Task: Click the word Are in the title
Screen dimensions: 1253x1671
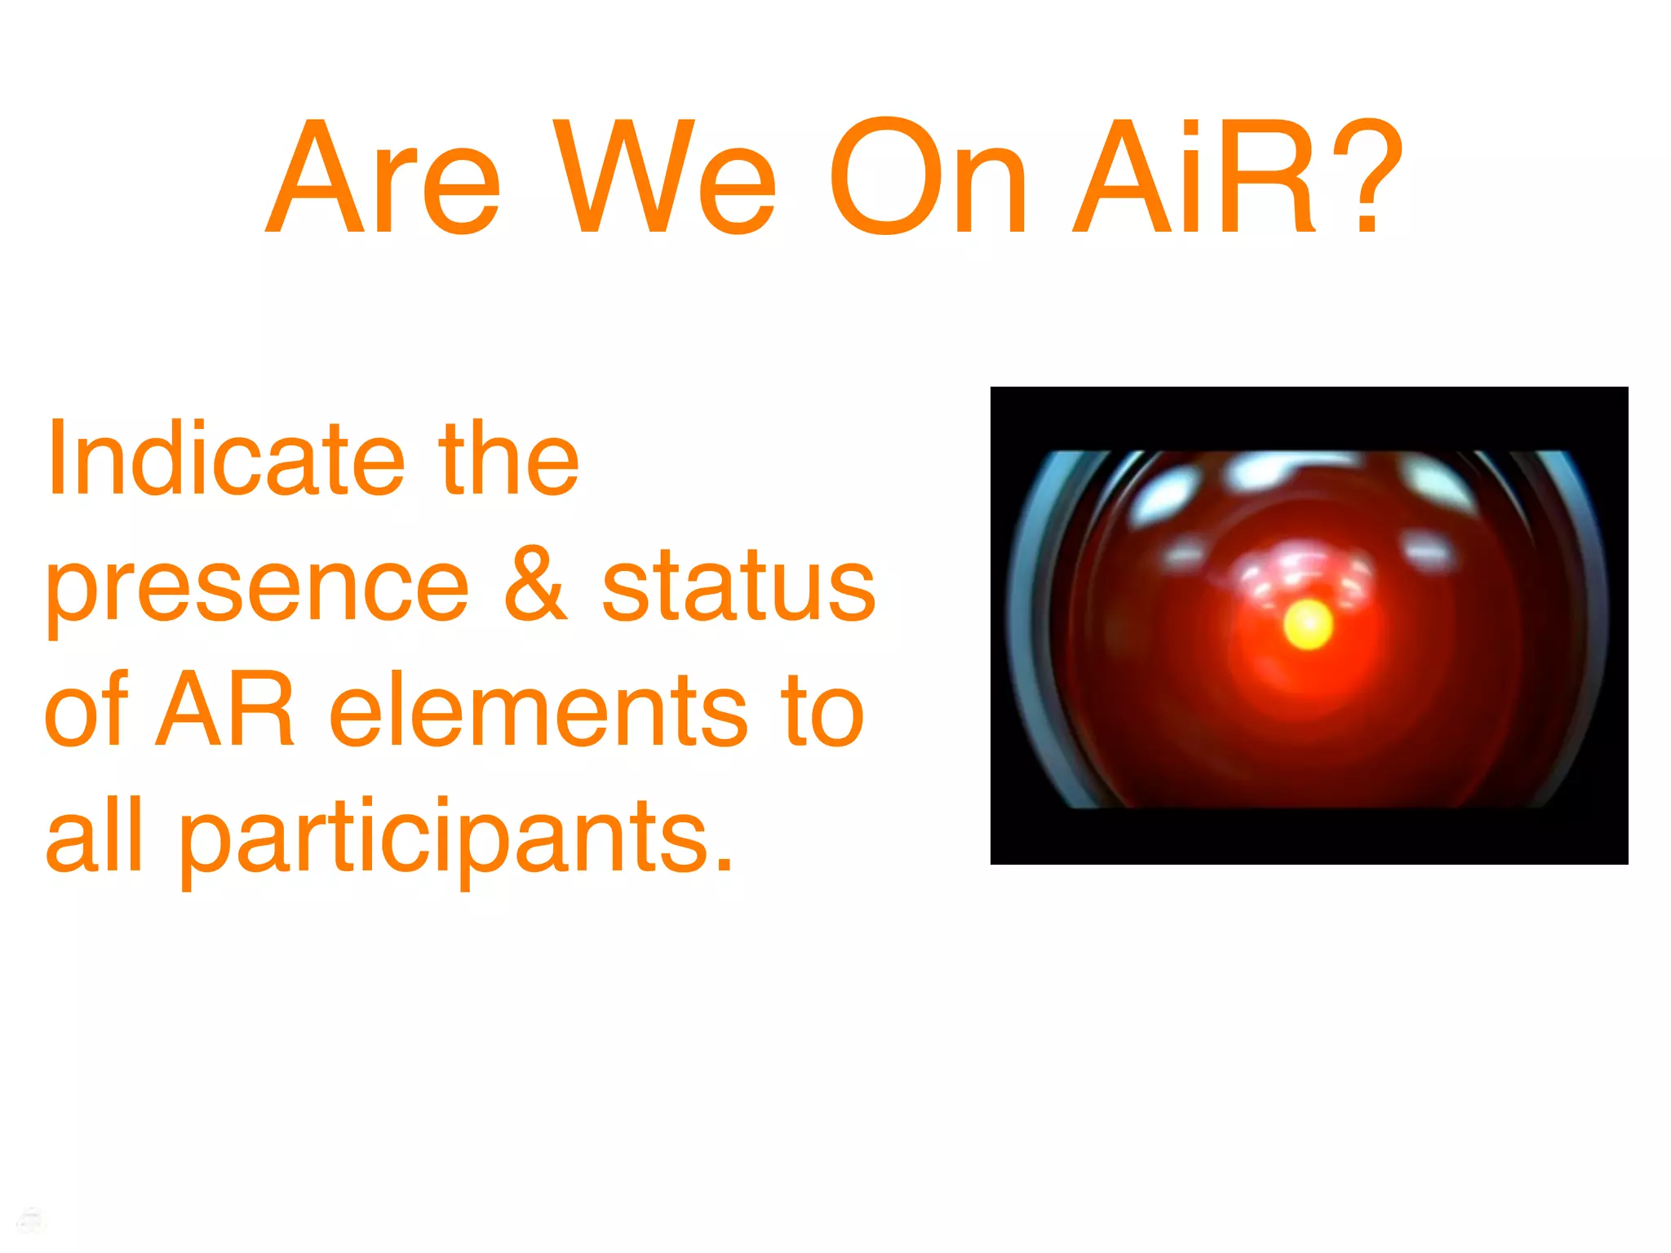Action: click(x=383, y=177)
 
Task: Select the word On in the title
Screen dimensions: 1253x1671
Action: click(x=928, y=177)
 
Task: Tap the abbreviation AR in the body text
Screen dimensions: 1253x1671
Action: click(x=224, y=710)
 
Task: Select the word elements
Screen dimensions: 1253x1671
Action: click(x=538, y=710)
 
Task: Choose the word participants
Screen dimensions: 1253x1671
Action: click(x=445, y=840)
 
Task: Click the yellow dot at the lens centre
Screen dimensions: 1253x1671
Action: click(x=1308, y=625)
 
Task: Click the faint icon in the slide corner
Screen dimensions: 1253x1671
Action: click(x=30, y=1221)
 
